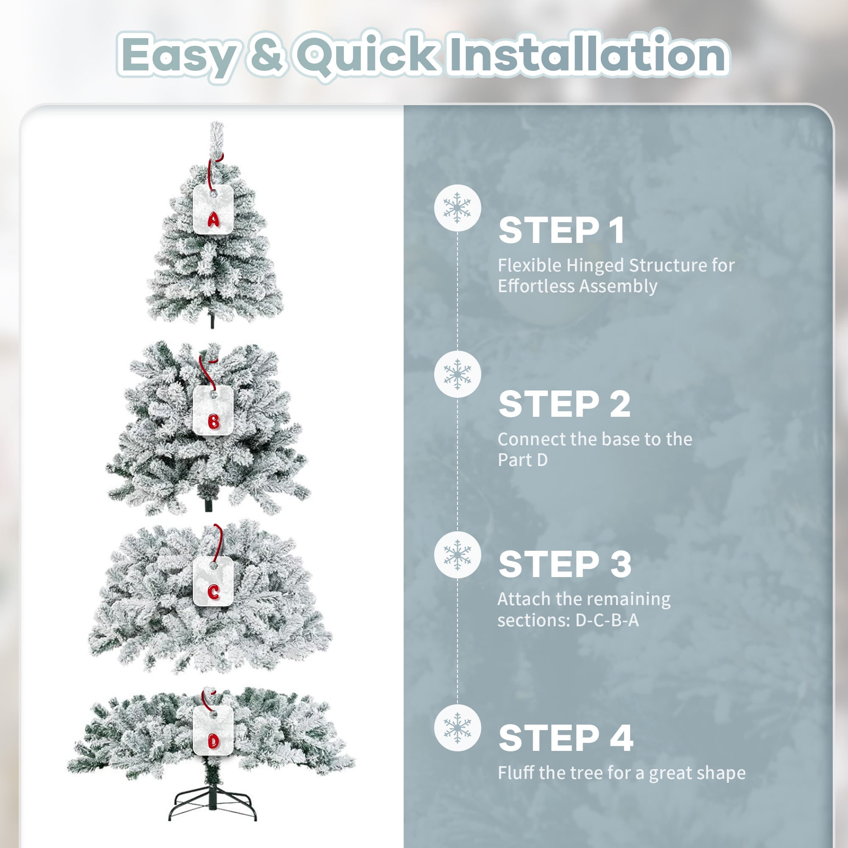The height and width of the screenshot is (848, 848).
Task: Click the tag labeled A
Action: pyautogui.click(x=213, y=209)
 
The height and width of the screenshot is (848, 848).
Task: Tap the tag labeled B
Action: pyautogui.click(x=213, y=410)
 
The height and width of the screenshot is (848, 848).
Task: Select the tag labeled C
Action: pyautogui.click(x=213, y=582)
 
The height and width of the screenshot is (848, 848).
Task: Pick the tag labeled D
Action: pyautogui.click(x=213, y=731)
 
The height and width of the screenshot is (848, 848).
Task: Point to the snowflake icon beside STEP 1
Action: pyautogui.click(x=457, y=208)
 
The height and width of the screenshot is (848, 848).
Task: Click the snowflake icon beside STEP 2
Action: pyautogui.click(x=457, y=374)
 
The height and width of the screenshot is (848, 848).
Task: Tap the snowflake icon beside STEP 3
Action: pyautogui.click(x=457, y=555)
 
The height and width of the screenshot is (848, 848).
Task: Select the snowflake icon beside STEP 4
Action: pyautogui.click(x=457, y=728)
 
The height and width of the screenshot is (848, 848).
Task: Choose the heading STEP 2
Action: pyautogui.click(x=564, y=404)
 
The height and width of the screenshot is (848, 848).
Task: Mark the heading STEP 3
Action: pyautogui.click(x=565, y=564)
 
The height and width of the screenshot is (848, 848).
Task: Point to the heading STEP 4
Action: pyautogui.click(x=566, y=737)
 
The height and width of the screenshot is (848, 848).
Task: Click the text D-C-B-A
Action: pyautogui.click(x=607, y=620)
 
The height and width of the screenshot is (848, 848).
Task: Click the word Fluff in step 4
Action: pyautogui.click(x=516, y=772)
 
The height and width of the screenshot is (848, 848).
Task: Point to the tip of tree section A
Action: pyautogui.click(x=216, y=123)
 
